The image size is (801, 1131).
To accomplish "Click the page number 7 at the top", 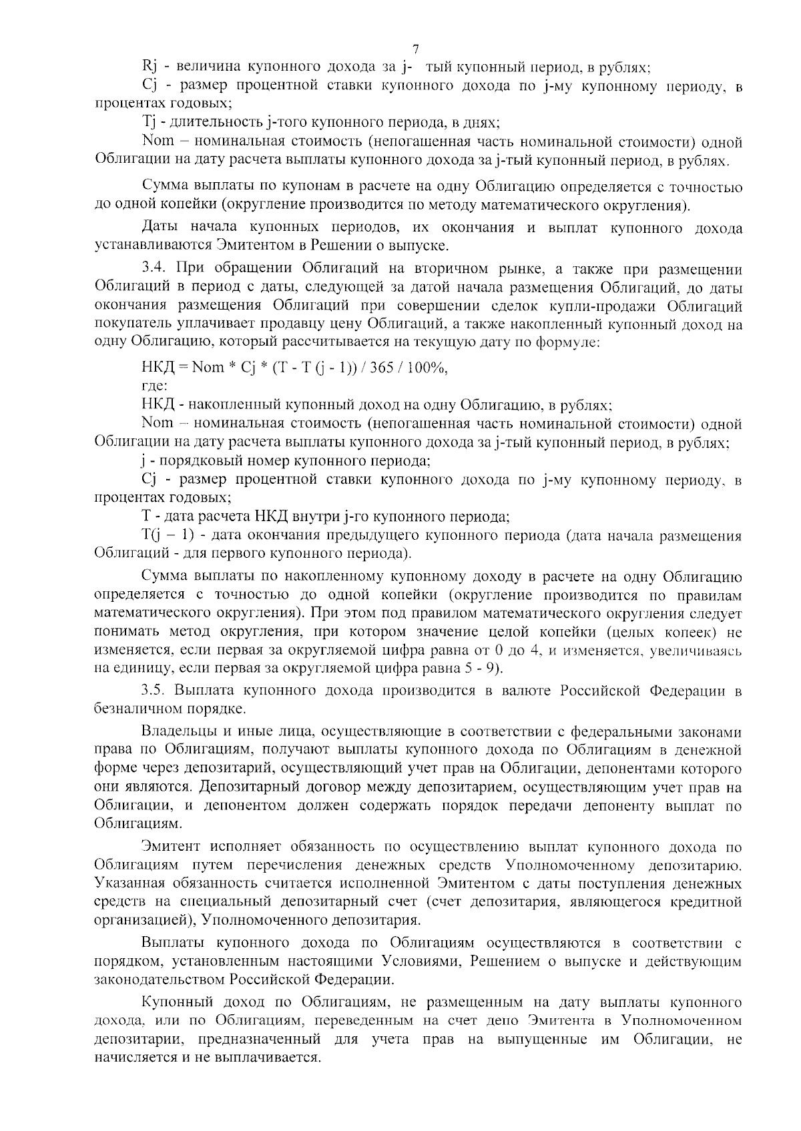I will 416,49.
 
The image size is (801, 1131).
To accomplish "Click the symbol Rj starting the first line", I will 150,67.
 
